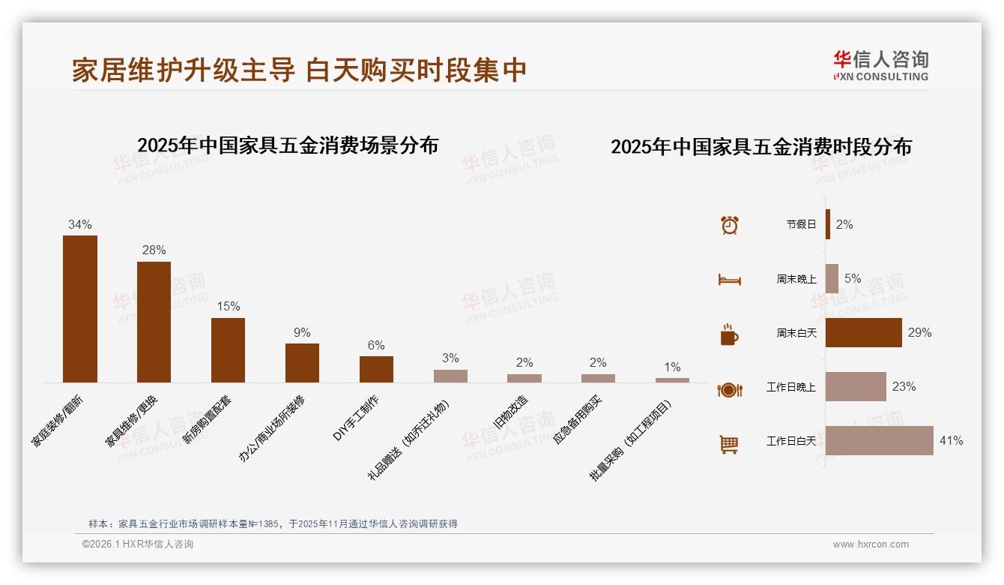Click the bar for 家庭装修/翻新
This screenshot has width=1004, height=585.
tap(79, 309)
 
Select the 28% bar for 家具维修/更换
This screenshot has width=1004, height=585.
tap(154, 322)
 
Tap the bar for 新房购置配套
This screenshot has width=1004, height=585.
tap(228, 350)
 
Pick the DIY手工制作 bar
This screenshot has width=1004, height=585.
tap(376, 369)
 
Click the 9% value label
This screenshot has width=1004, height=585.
tap(302, 332)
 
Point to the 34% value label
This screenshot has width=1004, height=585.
tap(79, 224)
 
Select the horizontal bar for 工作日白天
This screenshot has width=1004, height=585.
tap(880, 441)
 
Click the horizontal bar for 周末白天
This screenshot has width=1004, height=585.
tap(864, 332)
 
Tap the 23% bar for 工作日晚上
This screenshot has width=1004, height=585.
tap(856, 387)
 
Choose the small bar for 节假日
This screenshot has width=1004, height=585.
tap(828, 224)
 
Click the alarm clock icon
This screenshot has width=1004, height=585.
tap(729, 224)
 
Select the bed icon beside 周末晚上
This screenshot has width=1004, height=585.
tap(729, 280)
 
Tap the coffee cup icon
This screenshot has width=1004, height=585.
tap(729, 334)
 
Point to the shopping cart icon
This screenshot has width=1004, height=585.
tap(729, 444)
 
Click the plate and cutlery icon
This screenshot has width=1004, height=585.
tap(729, 389)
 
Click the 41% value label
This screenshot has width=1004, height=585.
tap(951, 441)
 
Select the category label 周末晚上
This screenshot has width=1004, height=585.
tap(796, 279)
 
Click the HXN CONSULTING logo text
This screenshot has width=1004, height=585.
tap(880, 76)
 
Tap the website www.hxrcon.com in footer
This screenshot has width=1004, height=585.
tap(871, 544)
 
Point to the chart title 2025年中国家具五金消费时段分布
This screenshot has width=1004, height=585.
tap(760, 147)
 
